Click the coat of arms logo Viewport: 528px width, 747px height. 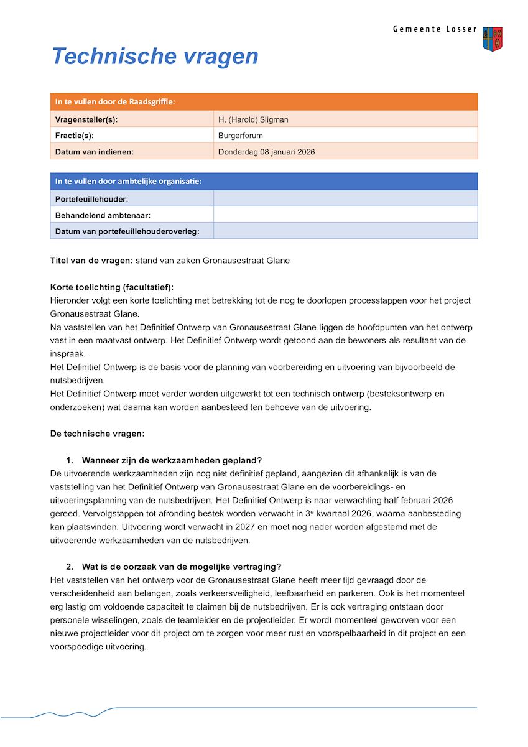(x=492, y=39)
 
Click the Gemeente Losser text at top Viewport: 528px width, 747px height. (x=434, y=29)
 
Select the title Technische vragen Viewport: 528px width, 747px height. (x=155, y=56)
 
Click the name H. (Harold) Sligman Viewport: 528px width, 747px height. (x=253, y=119)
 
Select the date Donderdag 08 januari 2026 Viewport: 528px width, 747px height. (x=266, y=152)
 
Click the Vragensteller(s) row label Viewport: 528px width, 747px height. (x=86, y=119)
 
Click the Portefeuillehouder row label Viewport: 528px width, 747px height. (x=91, y=199)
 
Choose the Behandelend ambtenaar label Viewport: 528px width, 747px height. (x=103, y=215)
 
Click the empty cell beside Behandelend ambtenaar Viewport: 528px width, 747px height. (x=345, y=215)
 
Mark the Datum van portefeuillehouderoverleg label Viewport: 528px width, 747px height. (x=127, y=231)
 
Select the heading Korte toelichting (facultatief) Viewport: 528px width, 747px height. (x=112, y=287)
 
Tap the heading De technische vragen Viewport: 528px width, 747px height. (x=97, y=434)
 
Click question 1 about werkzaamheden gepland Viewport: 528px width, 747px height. (x=172, y=460)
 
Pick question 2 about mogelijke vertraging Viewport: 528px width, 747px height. (x=182, y=567)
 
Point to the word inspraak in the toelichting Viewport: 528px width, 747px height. (x=68, y=354)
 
